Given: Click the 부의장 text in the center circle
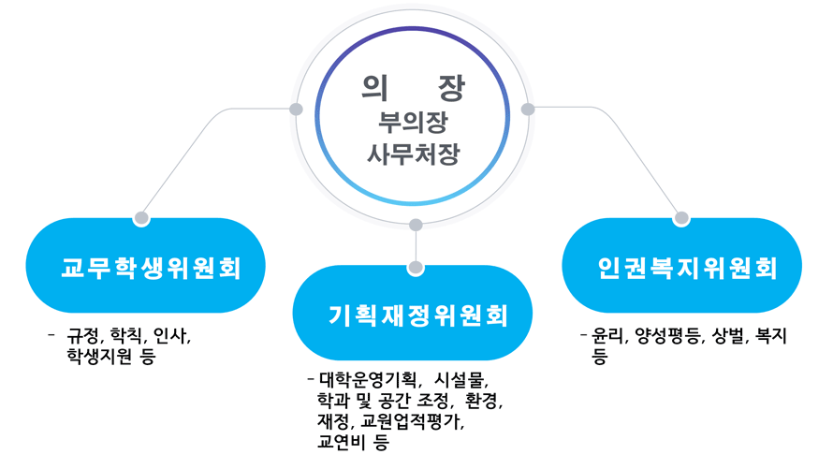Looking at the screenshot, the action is point(413,122).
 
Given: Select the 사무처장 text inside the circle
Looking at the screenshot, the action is point(413,154).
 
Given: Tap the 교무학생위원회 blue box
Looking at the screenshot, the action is point(146,266).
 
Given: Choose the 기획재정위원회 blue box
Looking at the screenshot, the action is point(413,313).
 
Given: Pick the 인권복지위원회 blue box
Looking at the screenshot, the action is point(682,266).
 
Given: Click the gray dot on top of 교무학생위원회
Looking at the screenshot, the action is point(141,218).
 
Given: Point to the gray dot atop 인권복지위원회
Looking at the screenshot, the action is point(681,218).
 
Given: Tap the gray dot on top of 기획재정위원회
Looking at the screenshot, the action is point(416,267).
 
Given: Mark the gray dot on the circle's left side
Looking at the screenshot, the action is point(296,109).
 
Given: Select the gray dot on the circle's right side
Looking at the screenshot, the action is point(528,109).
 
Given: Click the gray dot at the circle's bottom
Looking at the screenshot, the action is point(416,225).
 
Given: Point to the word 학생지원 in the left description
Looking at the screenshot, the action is point(99,356).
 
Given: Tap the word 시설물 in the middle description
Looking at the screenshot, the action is point(459,380).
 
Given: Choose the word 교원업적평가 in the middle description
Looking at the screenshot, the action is point(410,422).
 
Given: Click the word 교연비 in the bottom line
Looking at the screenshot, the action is point(341,442).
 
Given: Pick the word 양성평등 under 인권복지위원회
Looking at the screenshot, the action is point(667,336).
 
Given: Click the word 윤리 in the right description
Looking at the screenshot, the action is point(607,336).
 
